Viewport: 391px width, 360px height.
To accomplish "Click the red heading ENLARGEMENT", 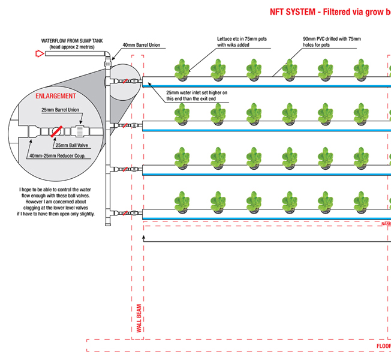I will (x=56, y=96).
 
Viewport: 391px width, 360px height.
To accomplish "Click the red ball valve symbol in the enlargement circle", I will (x=56, y=131).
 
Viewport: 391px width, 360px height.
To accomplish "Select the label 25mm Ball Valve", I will (x=71, y=145).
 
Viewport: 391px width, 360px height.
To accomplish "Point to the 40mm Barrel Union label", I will (x=145, y=45).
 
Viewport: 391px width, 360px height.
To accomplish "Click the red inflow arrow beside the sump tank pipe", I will (x=40, y=53).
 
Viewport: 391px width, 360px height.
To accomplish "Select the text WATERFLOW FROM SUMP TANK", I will (x=72, y=41).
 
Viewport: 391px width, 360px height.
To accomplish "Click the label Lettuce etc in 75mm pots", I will (x=243, y=39).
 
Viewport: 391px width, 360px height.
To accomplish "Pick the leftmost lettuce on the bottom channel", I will (x=182, y=201).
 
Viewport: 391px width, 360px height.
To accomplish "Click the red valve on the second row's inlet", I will (x=124, y=125).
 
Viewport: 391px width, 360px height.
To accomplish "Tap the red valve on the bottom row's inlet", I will (x=124, y=213).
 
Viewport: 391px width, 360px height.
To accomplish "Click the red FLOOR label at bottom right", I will (x=383, y=346).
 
